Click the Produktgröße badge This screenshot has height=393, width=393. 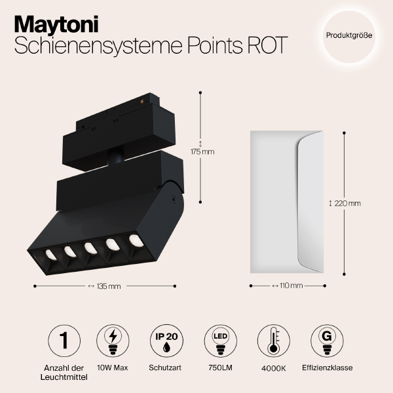(349, 35)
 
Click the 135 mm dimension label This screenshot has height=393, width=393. (104, 286)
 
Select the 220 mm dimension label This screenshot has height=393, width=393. (347, 203)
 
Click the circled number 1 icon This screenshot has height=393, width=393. (64, 340)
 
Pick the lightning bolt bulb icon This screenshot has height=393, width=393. (113, 340)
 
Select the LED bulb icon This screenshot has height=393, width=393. (220, 340)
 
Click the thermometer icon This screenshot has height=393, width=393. (274, 340)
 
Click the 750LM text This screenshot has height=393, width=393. (219, 367)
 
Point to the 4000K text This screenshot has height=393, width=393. (274, 367)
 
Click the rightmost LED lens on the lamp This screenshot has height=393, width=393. (135, 240)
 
